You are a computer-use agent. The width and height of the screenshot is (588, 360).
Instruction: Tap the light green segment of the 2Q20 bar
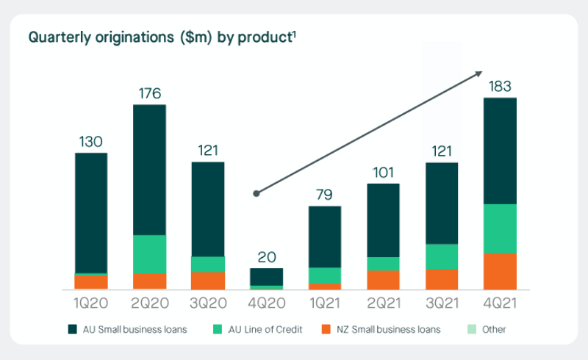[149, 254]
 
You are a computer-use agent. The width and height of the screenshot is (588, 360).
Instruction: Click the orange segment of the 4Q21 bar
[500, 271]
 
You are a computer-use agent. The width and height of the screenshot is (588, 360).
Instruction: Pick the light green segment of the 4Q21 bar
[500, 228]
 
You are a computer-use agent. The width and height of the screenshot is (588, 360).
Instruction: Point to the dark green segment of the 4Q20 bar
[266, 276]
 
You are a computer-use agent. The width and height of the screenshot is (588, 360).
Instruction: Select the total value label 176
[149, 94]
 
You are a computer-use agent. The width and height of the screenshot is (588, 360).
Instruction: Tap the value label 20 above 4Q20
[266, 257]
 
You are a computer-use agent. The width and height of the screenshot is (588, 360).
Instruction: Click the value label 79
[324, 195]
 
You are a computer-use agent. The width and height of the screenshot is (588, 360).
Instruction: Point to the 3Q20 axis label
[207, 303]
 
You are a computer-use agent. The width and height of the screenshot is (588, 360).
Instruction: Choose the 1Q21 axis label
[324, 303]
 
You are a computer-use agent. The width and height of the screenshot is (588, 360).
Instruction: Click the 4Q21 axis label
[500, 303]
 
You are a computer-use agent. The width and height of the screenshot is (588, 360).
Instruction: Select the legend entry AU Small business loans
[126, 330]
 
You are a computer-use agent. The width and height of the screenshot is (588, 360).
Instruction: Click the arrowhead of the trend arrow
[479, 73]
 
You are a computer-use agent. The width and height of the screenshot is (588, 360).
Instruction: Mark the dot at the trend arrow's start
[257, 194]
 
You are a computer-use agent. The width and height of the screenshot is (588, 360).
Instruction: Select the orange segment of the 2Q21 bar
[383, 279]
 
